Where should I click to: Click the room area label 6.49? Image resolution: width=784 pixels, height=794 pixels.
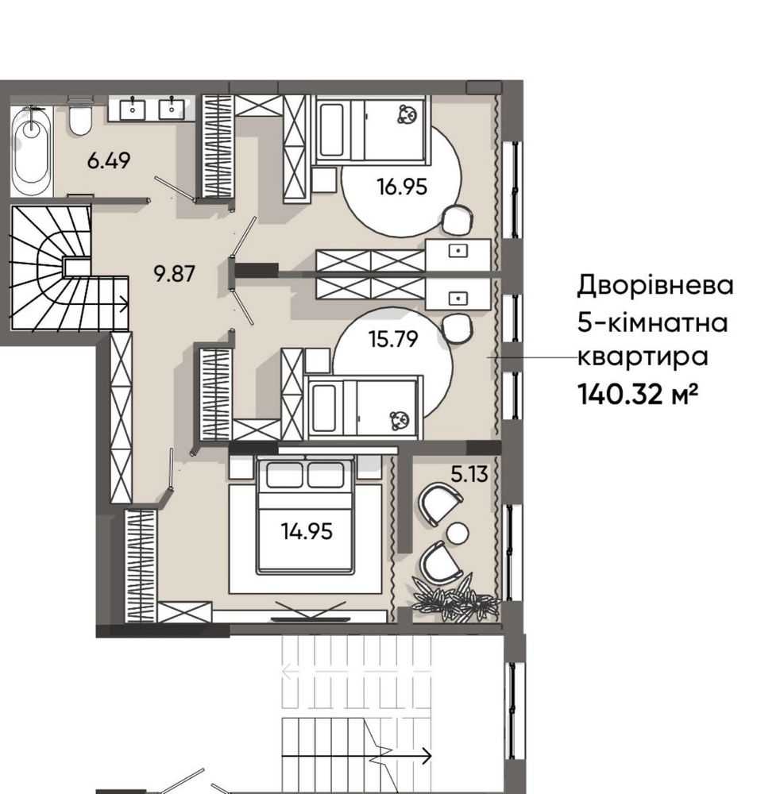[x=108, y=160]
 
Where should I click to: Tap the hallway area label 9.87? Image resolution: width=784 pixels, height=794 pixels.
[x=174, y=274]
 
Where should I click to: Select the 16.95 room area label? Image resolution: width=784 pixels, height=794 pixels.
[x=402, y=187]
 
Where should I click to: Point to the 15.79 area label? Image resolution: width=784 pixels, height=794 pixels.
[x=393, y=339]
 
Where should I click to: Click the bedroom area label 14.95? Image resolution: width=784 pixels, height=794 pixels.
[x=307, y=531]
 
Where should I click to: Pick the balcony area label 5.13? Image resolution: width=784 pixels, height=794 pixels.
[x=469, y=474]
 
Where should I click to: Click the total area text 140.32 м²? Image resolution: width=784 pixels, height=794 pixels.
[x=638, y=394]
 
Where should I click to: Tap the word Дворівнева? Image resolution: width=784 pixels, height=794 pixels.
[x=655, y=285]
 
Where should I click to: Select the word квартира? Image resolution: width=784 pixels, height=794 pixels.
[x=643, y=357]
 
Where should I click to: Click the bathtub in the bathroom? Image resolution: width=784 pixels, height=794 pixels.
[x=32, y=150]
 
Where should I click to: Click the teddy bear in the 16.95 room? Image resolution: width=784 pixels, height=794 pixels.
[x=407, y=114]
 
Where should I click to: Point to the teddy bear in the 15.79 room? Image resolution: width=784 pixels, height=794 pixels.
[x=399, y=422]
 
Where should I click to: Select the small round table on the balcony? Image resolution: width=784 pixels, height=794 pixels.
[x=458, y=534]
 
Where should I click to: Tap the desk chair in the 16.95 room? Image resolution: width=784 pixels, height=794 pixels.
[x=458, y=220]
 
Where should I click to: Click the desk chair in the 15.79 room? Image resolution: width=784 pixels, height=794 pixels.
[x=458, y=328]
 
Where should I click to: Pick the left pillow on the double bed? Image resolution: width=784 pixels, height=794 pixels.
[x=284, y=475]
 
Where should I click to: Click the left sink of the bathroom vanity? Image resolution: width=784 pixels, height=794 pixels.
[x=133, y=110]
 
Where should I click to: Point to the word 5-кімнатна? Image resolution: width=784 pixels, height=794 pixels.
[x=653, y=322]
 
